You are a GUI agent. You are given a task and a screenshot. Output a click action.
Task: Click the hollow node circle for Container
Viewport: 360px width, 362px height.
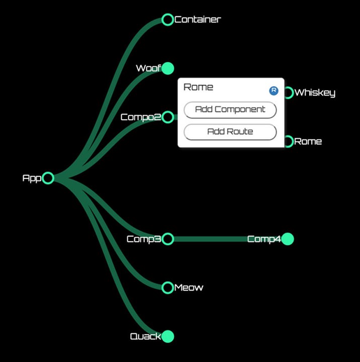[x=167, y=14]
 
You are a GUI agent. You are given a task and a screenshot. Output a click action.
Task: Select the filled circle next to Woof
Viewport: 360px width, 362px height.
[x=167, y=68]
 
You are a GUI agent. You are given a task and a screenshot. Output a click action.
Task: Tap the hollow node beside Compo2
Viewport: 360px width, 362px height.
[x=167, y=112]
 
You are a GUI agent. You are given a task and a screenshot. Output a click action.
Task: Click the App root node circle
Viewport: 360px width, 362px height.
[x=48, y=172]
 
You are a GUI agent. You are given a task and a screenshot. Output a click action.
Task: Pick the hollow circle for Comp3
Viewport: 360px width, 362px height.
[x=167, y=234]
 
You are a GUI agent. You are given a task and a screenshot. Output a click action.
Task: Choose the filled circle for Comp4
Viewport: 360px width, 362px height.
[x=288, y=239]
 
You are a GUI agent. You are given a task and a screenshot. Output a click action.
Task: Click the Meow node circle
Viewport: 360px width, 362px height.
[x=167, y=282]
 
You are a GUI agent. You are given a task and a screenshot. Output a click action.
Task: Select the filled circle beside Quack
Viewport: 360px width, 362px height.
[x=167, y=336]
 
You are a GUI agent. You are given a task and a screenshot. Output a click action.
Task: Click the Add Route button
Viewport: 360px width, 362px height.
[x=230, y=132]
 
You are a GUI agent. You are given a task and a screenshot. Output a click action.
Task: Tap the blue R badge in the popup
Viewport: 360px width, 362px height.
[x=274, y=90]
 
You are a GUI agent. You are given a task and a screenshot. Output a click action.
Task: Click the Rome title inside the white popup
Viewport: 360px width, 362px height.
[x=199, y=87]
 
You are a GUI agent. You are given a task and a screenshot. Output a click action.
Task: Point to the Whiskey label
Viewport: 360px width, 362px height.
[x=315, y=93]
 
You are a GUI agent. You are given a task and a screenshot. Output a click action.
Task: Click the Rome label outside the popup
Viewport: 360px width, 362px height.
[x=308, y=141]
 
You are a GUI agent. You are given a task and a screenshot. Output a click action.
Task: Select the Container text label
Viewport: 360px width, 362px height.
[x=198, y=20]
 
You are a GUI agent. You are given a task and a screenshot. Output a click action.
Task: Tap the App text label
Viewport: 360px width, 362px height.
[x=32, y=178]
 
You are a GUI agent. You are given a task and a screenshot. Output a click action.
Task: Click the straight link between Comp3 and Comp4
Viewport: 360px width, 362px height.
[x=227, y=239]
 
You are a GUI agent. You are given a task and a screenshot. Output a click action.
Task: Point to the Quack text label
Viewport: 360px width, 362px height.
[x=145, y=336]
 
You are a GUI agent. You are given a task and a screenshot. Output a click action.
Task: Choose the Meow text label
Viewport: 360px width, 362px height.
[x=189, y=288]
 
